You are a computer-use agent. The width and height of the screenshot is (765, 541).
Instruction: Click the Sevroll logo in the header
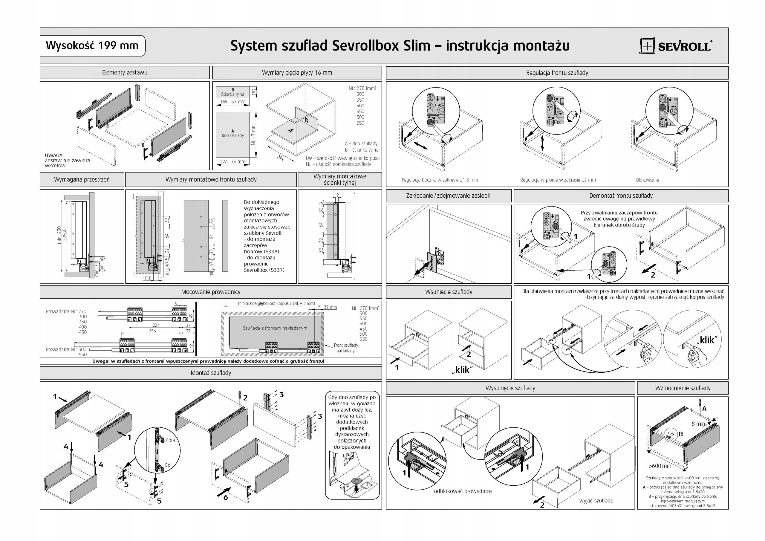(x=675, y=46)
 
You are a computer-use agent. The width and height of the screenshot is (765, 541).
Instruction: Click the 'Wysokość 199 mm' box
(x=92, y=46)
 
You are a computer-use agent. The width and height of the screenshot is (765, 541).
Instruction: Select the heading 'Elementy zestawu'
(x=125, y=72)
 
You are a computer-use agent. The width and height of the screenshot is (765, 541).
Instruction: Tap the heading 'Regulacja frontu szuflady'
(x=557, y=73)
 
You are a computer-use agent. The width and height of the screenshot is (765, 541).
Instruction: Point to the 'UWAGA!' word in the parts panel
(x=54, y=155)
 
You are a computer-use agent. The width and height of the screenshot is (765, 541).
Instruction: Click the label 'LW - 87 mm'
(x=233, y=102)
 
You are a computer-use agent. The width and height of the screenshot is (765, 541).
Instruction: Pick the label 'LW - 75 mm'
(x=232, y=162)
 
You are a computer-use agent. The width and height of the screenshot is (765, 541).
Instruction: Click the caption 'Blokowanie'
(x=647, y=180)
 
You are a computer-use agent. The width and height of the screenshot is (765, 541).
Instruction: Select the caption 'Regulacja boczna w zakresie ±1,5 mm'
(x=440, y=180)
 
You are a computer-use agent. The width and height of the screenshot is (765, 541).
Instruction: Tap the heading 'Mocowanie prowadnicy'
(x=211, y=292)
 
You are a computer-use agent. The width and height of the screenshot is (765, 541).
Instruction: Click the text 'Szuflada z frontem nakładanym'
(x=275, y=328)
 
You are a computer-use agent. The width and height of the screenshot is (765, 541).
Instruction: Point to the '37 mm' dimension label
(x=330, y=307)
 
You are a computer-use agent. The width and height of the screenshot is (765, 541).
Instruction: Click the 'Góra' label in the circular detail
(x=170, y=440)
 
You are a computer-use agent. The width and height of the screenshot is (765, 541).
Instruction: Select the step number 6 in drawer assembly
(x=226, y=497)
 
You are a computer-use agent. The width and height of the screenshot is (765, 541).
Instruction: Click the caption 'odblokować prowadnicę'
(x=463, y=491)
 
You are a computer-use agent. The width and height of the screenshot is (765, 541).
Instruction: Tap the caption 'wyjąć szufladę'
(x=596, y=501)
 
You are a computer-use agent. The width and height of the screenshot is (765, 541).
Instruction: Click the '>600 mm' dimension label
(x=660, y=466)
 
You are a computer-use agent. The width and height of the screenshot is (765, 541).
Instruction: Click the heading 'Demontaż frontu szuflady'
(x=621, y=196)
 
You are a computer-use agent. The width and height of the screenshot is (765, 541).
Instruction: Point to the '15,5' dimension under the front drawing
(x=147, y=278)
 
